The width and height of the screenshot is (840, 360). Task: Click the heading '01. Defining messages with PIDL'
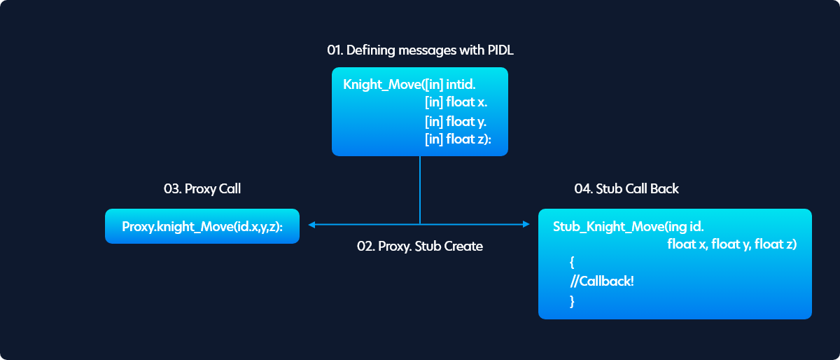(x=420, y=50)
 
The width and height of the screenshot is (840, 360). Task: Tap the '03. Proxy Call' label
(x=202, y=189)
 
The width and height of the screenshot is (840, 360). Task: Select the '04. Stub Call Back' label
(x=626, y=188)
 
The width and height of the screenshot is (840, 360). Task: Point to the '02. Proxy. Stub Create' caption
(x=419, y=247)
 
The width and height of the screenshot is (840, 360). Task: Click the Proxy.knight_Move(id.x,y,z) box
(x=202, y=226)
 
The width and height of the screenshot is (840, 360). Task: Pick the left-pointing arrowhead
(x=311, y=225)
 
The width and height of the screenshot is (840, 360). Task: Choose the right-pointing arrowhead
(x=526, y=225)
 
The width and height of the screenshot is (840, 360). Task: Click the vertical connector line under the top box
(x=420, y=190)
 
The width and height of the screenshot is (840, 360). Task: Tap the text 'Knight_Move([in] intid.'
(x=409, y=85)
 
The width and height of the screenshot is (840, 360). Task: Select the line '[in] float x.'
(x=456, y=102)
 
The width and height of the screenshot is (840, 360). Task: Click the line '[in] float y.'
(x=456, y=122)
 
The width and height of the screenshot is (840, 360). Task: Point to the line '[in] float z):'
(x=458, y=139)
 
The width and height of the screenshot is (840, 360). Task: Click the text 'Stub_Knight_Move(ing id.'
(x=628, y=227)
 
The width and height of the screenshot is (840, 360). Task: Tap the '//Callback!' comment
(x=602, y=281)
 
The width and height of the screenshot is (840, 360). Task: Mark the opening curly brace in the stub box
(x=572, y=263)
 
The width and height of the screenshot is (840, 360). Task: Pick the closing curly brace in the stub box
(x=572, y=301)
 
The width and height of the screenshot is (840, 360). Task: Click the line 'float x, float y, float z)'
(x=732, y=244)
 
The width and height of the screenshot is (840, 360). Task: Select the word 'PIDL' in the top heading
(x=500, y=50)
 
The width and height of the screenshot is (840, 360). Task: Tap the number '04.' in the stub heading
(x=584, y=188)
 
